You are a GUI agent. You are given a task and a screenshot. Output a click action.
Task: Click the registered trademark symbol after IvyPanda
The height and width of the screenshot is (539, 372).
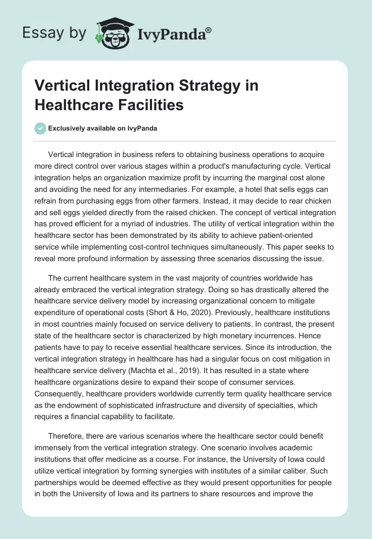208,29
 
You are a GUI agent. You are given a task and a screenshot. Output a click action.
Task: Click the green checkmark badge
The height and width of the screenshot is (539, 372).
40,128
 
